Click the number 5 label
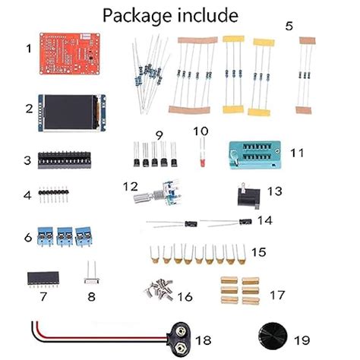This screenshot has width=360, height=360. (289, 25)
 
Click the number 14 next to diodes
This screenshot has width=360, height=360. (264, 220)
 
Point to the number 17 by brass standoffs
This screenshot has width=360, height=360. (278, 295)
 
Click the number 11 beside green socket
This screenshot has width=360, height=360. (297, 153)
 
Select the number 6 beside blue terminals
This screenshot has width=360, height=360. (28, 238)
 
